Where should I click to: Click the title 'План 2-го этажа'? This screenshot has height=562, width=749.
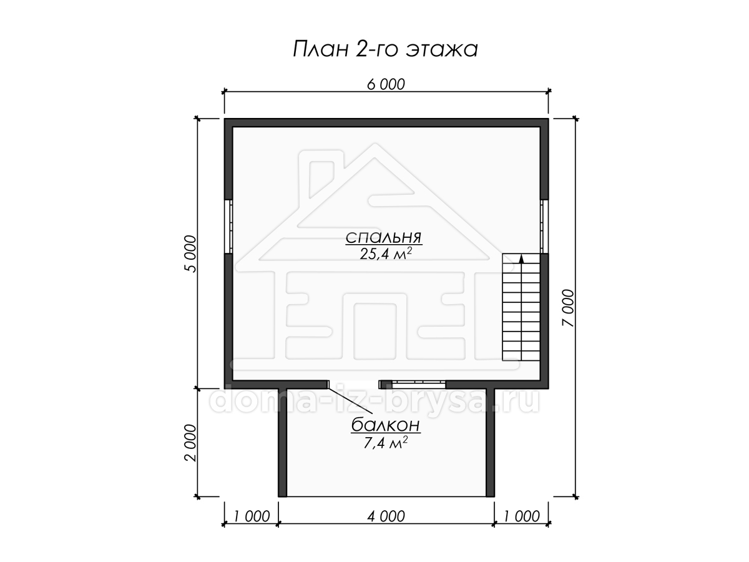click(385, 49)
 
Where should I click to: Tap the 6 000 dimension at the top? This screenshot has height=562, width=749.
click(386, 84)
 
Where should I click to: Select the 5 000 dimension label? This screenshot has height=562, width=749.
click(191, 254)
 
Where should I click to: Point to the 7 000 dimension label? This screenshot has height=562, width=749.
click(569, 308)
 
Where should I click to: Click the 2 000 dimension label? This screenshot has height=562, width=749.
click(191, 443)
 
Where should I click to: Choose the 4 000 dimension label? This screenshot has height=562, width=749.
click(386, 516)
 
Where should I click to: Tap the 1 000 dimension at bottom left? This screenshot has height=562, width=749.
click(252, 516)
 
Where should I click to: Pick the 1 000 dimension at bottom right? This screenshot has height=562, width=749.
click(521, 516)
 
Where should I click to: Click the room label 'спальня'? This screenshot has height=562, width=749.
click(384, 237)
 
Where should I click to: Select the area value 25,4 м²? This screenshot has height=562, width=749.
click(386, 254)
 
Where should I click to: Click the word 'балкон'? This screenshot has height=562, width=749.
click(386, 425)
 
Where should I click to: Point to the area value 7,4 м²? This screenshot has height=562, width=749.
click(386, 443)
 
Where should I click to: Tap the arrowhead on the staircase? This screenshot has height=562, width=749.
click(521, 259)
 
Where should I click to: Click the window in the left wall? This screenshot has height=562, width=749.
click(228, 227)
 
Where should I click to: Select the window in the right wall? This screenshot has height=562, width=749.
click(544, 227)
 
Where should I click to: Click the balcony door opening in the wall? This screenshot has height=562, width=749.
click(354, 385)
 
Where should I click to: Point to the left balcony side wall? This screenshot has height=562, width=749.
click(283, 443)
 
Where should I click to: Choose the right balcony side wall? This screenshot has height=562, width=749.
click(490, 443)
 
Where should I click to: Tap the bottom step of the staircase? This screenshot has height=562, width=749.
click(521, 355)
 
